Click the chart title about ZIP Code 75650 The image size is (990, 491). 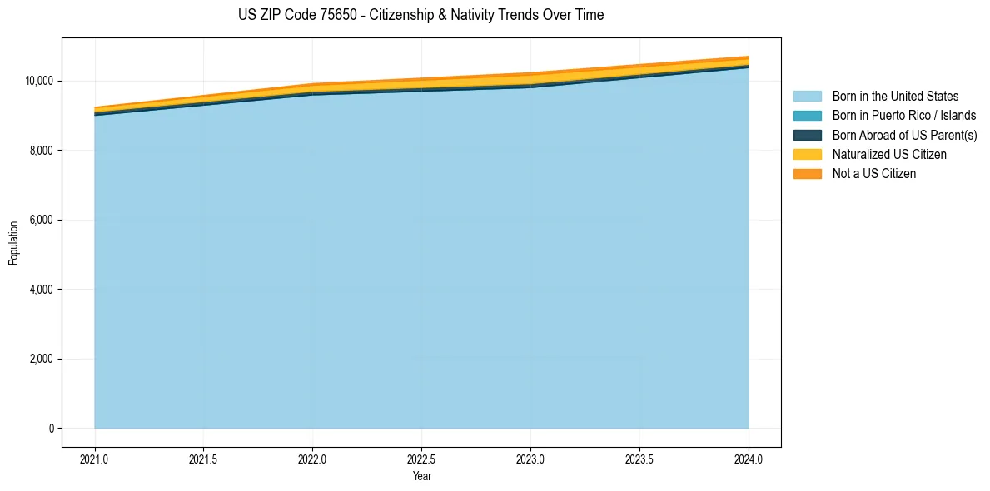421,15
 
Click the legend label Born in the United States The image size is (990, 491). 895,97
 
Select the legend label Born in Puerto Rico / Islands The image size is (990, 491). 904,116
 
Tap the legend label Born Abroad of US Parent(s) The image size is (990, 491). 904,135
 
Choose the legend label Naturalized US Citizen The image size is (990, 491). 889,155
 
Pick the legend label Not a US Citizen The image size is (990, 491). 874,174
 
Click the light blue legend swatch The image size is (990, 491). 807,97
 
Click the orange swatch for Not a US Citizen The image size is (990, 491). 807,174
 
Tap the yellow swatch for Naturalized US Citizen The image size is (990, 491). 807,155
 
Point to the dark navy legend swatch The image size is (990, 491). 807,135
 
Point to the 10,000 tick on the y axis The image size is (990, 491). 39,81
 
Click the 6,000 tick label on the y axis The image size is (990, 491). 42,221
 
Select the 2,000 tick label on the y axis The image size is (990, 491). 42,360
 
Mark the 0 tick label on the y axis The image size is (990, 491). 52,429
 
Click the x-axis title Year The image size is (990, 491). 421,477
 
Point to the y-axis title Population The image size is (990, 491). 13,243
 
